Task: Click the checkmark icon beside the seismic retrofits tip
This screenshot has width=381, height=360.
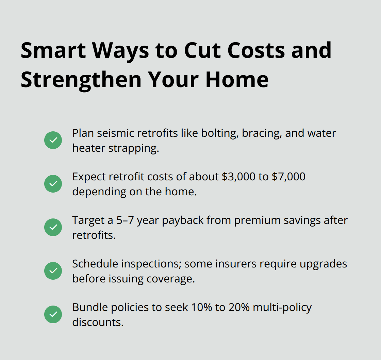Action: pos(53,140)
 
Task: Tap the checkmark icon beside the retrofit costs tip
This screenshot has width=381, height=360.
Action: pos(53,184)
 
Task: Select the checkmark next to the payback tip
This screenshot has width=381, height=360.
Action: pos(53,227)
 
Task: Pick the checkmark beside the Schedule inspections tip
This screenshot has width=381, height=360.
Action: pos(53,271)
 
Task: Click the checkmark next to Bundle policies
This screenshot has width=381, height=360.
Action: pos(53,314)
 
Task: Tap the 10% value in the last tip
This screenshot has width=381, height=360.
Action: pos(198,307)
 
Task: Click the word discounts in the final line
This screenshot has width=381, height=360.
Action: pos(98,322)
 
